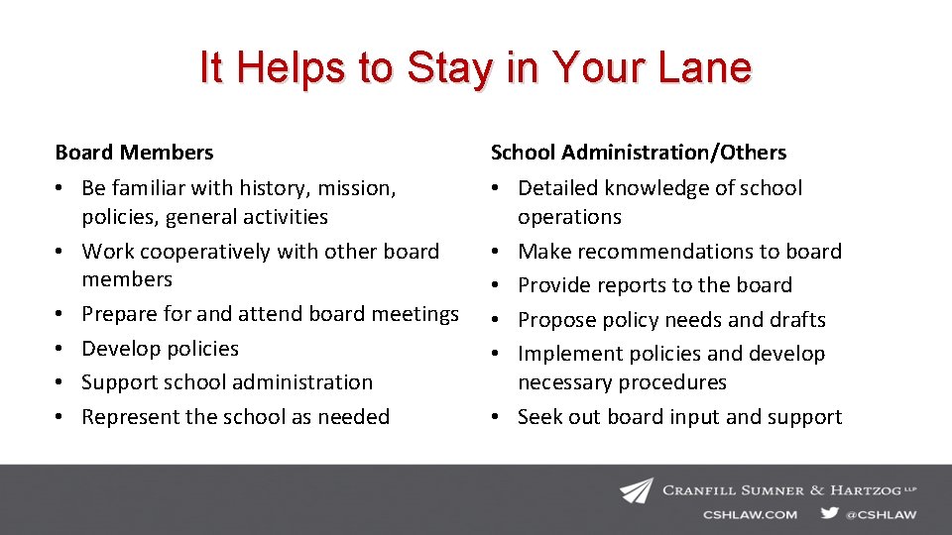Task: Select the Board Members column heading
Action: (134, 153)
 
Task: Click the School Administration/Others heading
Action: (639, 153)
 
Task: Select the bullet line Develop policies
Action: (160, 349)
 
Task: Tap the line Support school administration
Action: (227, 382)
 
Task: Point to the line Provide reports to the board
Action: (654, 285)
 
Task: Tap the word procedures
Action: (673, 382)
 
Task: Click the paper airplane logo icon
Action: (637, 490)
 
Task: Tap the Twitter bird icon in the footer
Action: (829, 513)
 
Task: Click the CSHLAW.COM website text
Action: (751, 514)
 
